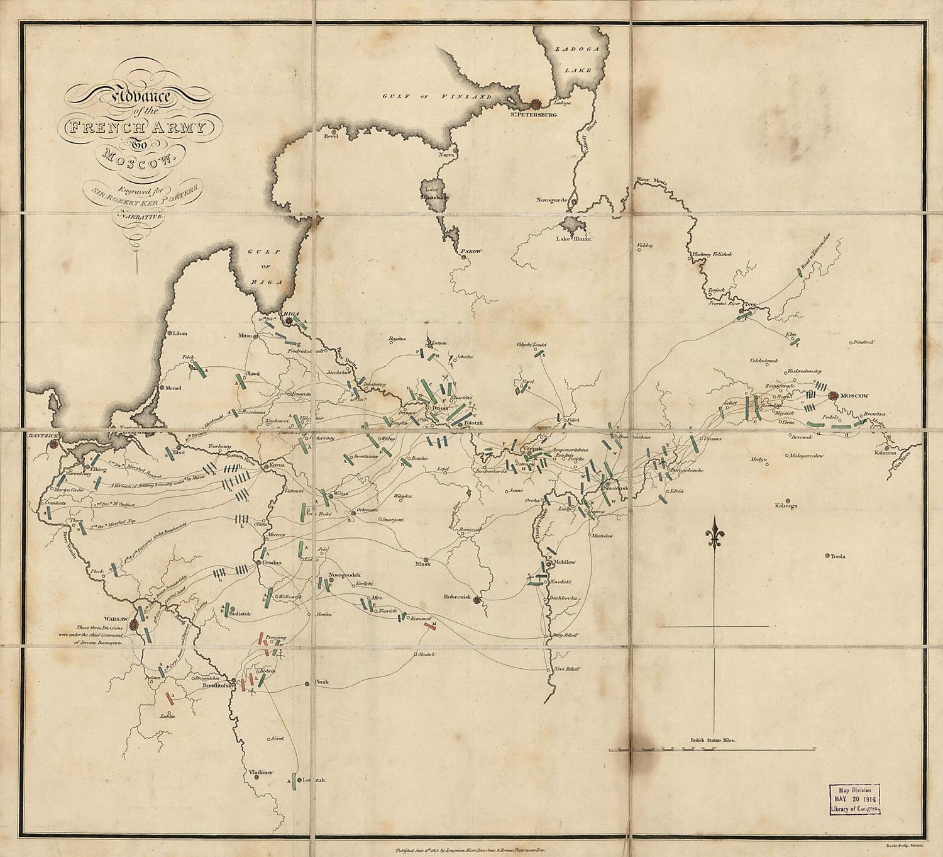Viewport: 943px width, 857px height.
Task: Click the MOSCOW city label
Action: pyautogui.click(x=854, y=396)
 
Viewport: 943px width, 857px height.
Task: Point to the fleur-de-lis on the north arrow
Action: pyautogui.click(x=714, y=534)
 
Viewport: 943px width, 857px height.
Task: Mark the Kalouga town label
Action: pyautogui.click(x=786, y=505)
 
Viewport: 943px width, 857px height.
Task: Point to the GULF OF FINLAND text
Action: pyautogui.click(x=438, y=96)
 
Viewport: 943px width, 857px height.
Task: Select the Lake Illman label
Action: pyautogui.click(x=574, y=238)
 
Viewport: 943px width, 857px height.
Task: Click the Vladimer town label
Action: pyautogui.click(x=258, y=772)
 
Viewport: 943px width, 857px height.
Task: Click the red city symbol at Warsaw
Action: pyautogui.click(x=133, y=625)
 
